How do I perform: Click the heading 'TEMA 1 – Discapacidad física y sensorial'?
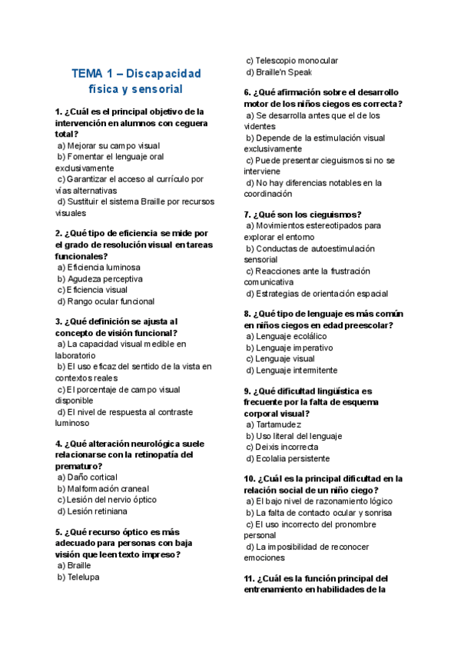(136, 81)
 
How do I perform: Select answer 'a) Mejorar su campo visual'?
(108, 145)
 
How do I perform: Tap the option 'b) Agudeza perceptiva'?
(100, 279)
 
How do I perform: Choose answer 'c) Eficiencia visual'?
(92, 290)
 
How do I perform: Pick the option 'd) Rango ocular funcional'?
(106, 301)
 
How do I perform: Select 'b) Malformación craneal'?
(103, 489)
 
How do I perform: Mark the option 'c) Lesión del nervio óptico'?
(107, 500)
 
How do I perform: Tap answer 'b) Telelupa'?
(78, 577)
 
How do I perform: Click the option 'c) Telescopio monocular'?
(292, 61)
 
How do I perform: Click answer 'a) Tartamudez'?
(274, 424)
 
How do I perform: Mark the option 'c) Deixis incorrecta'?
(282, 447)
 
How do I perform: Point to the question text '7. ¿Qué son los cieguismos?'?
(303, 215)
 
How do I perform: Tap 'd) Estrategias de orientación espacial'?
(317, 293)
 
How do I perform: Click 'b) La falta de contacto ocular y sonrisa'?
(319, 512)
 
